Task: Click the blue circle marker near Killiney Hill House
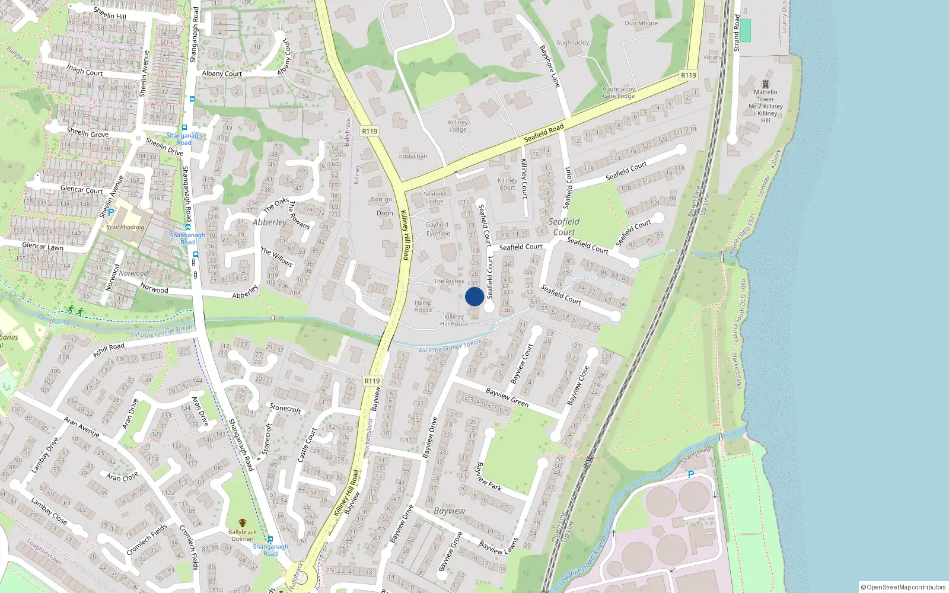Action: [x=474, y=296]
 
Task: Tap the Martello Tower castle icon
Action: [x=765, y=84]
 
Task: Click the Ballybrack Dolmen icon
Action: [x=242, y=523]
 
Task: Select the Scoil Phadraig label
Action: [x=125, y=227]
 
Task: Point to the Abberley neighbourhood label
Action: [x=269, y=222]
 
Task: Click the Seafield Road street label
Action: [x=543, y=133]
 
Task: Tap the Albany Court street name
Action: [x=222, y=74]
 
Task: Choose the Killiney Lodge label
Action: [x=458, y=126]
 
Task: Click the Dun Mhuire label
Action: [x=641, y=24]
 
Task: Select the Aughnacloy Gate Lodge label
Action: [x=619, y=93]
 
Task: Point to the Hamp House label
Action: [x=423, y=306]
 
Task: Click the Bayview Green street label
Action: [x=507, y=397]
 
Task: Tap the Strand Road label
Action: [x=737, y=33]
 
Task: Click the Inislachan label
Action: [x=413, y=156]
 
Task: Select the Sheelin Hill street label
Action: [x=110, y=13]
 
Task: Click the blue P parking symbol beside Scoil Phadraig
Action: [x=110, y=212]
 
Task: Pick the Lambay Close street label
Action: [x=49, y=511]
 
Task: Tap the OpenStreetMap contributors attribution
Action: [x=903, y=587]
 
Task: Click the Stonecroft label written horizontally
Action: [x=285, y=408]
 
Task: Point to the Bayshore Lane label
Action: [x=549, y=66]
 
